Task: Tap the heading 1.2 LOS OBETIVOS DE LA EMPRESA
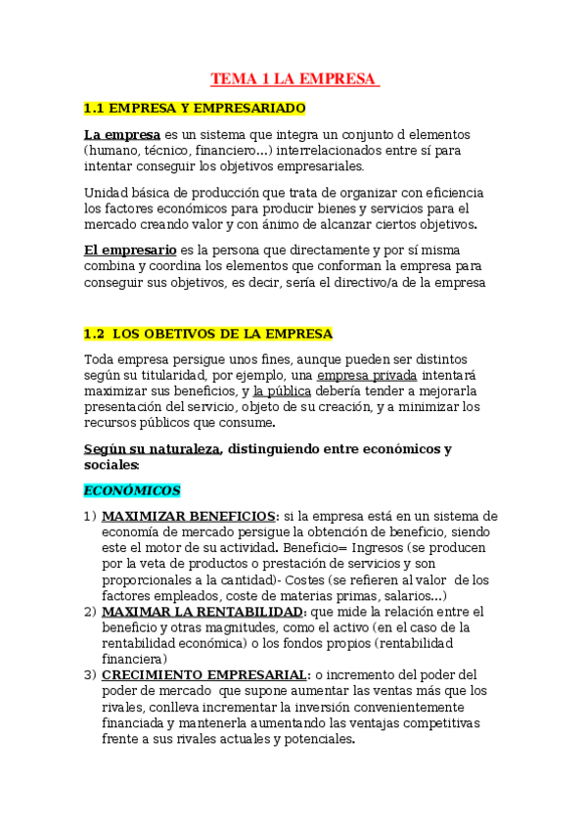point(207,334)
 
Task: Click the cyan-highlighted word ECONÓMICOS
point(131,490)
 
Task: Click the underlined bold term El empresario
point(130,250)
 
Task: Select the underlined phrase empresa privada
point(367,375)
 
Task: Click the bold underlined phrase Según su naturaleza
point(153,449)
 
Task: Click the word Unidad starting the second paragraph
point(106,193)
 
